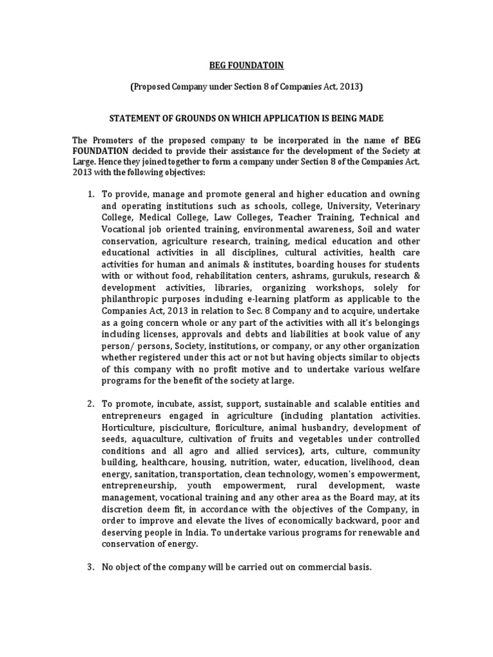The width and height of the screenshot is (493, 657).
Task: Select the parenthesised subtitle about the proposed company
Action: (x=246, y=87)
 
